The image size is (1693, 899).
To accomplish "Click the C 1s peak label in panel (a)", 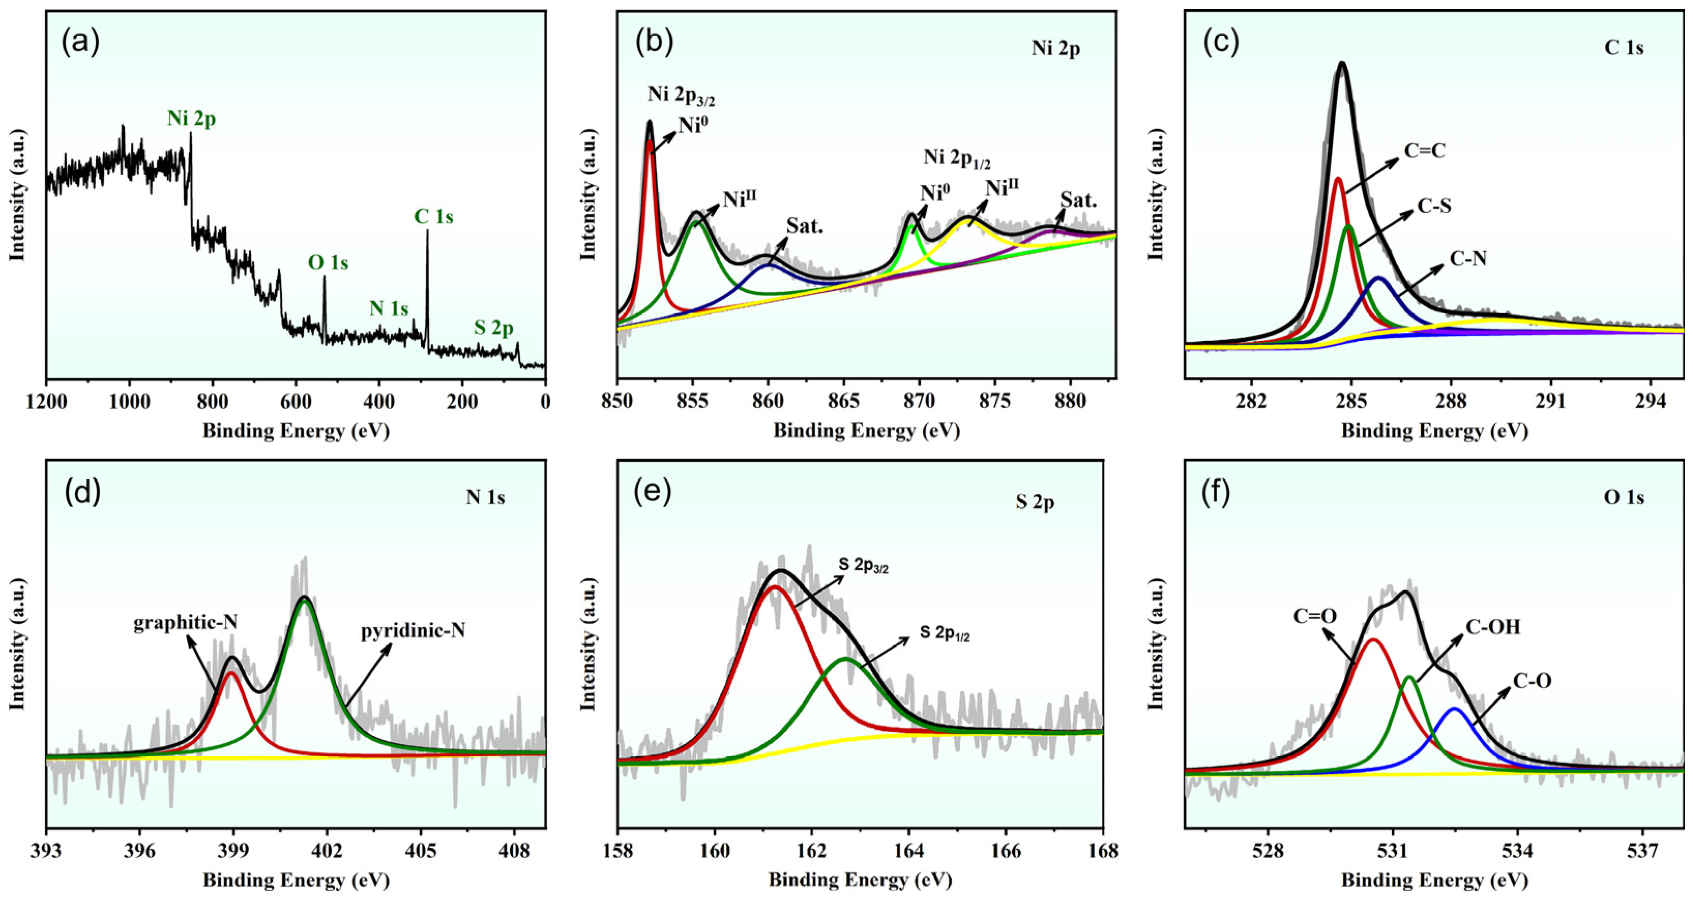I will pos(433,217).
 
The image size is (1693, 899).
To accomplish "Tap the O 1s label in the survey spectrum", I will pos(328,263).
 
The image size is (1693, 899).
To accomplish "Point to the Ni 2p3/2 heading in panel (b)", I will pos(681,96).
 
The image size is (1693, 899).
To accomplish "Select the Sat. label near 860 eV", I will pos(804,227).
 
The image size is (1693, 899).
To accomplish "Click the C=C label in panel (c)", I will pos(1425,152).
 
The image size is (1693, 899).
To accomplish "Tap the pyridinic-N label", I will pos(413,631).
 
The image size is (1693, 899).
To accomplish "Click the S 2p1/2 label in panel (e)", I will pos(945,633).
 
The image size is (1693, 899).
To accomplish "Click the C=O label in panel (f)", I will pos(1315,616).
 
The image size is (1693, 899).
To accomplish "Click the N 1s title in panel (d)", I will pos(485,498).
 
